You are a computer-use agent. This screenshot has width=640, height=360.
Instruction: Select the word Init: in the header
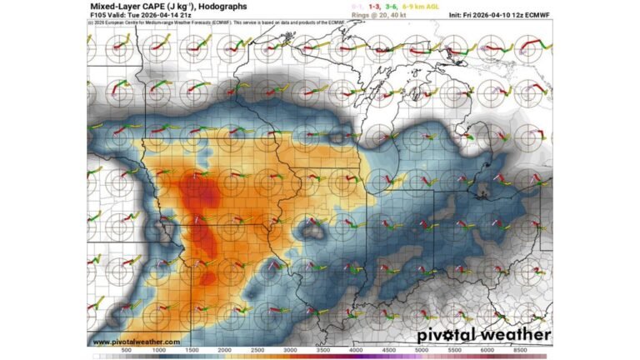pyautogui.click(x=458, y=15)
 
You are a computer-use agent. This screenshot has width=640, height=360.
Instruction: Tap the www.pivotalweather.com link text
pyautogui.click(x=136, y=342)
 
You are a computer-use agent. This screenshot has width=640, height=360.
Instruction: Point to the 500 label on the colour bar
pyautogui.click(x=127, y=351)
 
